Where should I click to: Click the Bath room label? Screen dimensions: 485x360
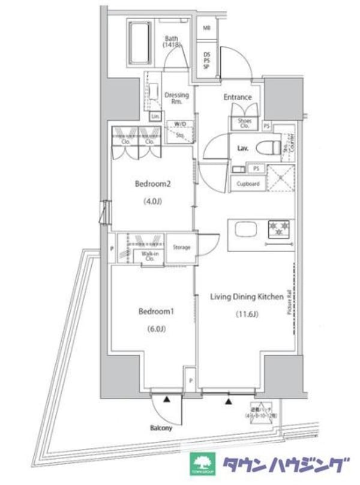173,41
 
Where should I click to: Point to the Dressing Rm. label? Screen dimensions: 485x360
176,98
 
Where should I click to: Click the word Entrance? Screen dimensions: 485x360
238,97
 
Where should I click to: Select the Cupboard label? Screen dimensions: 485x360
248,184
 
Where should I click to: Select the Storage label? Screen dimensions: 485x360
182,247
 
